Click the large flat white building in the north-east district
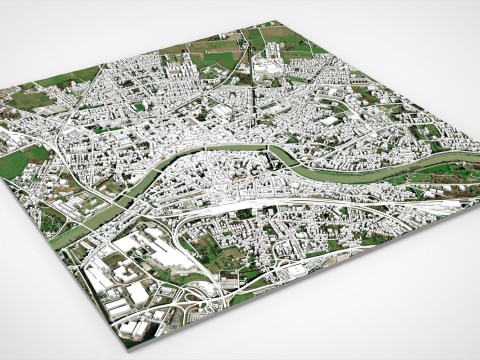pos(330,121)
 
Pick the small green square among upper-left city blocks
pos(141,106)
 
